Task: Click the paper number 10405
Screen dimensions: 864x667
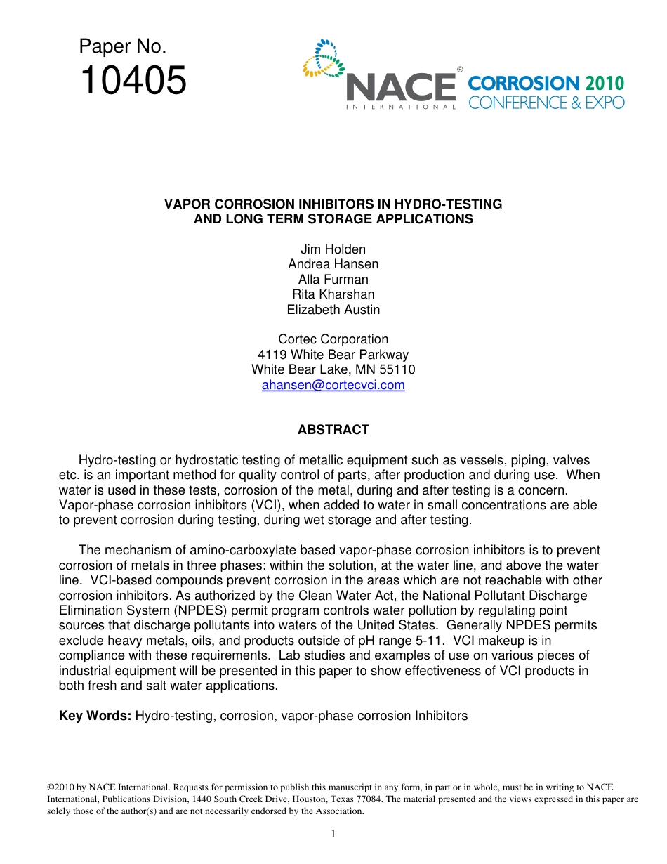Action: click(133, 80)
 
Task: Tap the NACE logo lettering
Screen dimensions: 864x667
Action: click(401, 88)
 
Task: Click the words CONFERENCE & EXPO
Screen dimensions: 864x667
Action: click(546, 103)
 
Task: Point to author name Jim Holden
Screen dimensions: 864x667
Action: click(333, 249)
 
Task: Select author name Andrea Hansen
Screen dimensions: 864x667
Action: click(333, 264)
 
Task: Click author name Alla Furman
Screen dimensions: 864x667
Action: click(333, 280)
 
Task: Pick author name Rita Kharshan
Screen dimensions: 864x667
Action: click(333, 294)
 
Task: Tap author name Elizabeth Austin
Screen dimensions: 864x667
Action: click(333, 310)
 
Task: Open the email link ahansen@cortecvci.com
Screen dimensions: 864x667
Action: click(333, 385)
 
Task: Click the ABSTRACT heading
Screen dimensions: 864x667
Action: click(333, 430)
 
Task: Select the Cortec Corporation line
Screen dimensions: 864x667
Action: click(333, 339)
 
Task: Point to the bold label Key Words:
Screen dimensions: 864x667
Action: click(95, 716)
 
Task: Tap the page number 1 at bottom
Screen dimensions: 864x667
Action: click(333, 834)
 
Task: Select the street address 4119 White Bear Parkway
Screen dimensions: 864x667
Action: click(333, 355)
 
